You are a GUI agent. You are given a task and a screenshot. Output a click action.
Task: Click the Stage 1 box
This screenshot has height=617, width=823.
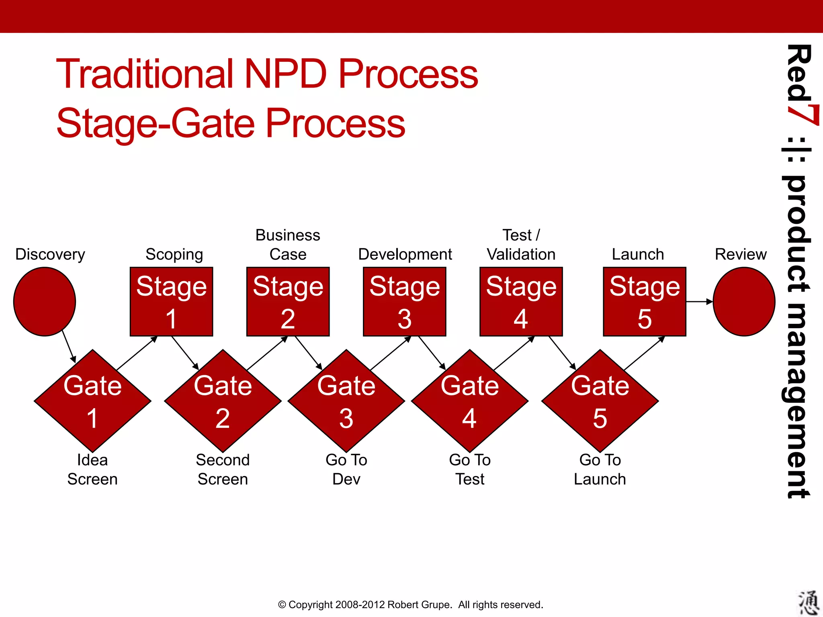pyautogui.click(x=171, y=302)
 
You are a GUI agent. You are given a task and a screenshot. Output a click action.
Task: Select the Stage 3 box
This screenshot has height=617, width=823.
pyautogui.click(x=404, y=302)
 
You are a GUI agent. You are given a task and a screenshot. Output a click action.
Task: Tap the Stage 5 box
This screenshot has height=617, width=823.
pyautogui.click(x=644, y=302)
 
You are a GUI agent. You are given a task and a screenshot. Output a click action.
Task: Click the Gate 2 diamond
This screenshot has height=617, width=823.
pyautogui.click(x=223, y=401)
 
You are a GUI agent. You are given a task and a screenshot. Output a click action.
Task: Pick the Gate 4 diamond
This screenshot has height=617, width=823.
pyautogui.click(x=469, y=401)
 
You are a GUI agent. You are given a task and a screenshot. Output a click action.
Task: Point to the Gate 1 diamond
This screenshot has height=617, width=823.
pyautogui.click(x=92, y=401)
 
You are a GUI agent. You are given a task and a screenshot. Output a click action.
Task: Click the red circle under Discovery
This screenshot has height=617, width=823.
pyautogui.click(x=45, y=302)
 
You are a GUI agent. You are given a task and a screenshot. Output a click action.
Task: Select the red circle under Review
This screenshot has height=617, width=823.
pyautogui.click(x=744, y=302)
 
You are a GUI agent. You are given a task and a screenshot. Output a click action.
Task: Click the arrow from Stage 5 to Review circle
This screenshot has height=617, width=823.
pyautogui.click(x=699, y=301)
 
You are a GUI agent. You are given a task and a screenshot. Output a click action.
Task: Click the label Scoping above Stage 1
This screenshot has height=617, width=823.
pyautogui.click(x=174, y=254)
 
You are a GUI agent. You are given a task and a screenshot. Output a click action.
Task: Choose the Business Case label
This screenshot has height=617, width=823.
pyautogui.click(x=288, y=245)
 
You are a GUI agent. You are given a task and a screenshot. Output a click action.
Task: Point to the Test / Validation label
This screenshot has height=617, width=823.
pyautogui.click(x=521, y=245)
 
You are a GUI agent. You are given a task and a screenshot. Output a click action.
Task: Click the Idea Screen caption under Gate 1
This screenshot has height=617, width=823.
pyautogui.click(x=92, y=469)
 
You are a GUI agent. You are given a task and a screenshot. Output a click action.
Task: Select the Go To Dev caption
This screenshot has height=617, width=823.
pyautogui.click(x=346, y=469)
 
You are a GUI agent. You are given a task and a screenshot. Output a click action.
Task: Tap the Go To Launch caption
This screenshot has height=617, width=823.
pyautogui.click(x=600, y=469)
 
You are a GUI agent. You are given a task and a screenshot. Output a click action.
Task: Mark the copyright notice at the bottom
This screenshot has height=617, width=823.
pyautogui.click(x=410, y=605)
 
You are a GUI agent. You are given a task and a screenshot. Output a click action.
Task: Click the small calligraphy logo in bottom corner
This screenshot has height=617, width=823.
pyautogui.click(x=808, y=603)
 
